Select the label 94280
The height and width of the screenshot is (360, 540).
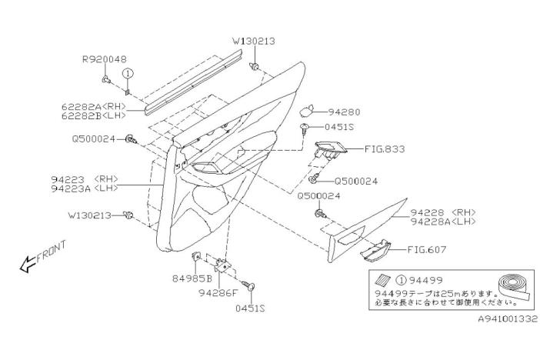[x=344, y=112]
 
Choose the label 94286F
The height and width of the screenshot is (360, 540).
[x=217, y=292]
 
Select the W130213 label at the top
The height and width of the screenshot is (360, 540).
[x=254, y=40]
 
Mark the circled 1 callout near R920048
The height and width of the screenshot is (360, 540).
[x=128, y=72]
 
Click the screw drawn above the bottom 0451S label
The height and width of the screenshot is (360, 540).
[x=251, y=288]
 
